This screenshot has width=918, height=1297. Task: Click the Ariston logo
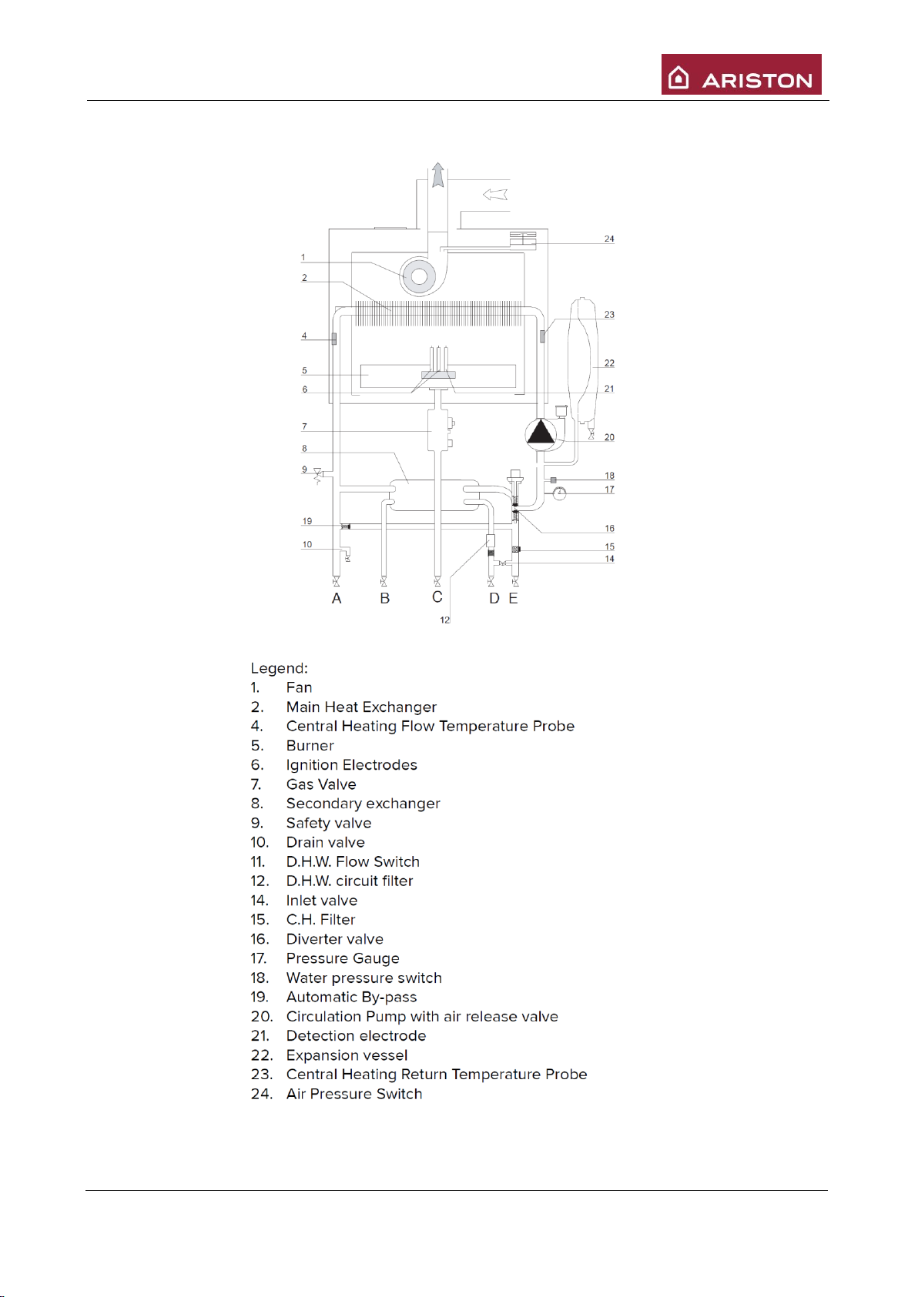[741, 75]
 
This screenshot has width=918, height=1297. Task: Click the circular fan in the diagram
[418, 276]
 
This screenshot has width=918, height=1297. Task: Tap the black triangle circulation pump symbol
[541, 433]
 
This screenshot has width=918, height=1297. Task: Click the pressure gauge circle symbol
[560, 493]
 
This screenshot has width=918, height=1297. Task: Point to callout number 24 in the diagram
[609, 239]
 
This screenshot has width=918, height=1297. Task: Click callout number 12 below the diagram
[445, 620]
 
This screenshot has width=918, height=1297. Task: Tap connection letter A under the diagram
[337, 599]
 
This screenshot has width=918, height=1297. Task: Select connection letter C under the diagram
[437, 597]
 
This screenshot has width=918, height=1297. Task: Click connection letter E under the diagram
[514, 599]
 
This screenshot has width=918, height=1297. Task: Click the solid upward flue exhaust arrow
[438, 175]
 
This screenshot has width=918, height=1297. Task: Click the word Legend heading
[279, 668]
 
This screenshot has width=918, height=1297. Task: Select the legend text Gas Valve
[321, 784]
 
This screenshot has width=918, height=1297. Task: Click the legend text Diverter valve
[334, 939]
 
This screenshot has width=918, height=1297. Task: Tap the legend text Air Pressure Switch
[354, 1094]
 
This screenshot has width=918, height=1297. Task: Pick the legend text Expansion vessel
[347, 1055]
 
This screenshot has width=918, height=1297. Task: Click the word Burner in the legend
[310, 746]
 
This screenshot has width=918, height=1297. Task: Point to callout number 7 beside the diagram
[304, 426]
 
